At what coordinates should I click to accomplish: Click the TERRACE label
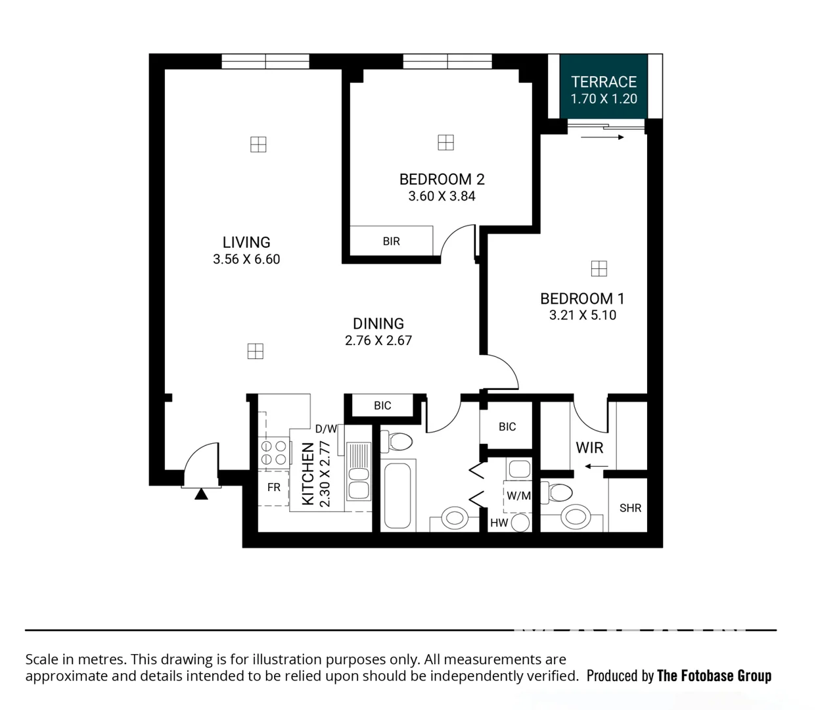pos(603,82)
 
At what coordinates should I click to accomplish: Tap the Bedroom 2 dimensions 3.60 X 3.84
pos(442,196)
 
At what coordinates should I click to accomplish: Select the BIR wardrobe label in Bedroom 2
pos(391,241)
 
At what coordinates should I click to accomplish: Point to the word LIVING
pos(246,242)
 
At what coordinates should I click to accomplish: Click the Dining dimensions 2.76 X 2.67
pos(378,341)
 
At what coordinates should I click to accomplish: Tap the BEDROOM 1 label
pos(582,298)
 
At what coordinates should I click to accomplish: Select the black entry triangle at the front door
pos(201,494)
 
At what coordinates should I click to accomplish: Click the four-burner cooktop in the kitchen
pos(274,452)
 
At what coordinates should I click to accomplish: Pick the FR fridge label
pos(273,487)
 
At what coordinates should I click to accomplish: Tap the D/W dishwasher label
pos(326,429)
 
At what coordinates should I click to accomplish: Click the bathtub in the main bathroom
pos(398,495)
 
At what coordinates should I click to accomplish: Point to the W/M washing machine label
pos(518,496)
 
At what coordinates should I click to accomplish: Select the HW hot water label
pos(499,523)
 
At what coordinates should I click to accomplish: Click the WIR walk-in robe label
pos(589,448)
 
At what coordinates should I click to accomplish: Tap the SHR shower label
pos(630,508)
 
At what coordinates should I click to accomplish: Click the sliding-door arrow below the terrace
pos(602,137)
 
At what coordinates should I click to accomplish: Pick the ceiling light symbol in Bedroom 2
pos(445,142)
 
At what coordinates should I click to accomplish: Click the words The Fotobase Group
pos(714,676)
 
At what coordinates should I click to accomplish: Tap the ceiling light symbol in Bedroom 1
pos(599,268)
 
